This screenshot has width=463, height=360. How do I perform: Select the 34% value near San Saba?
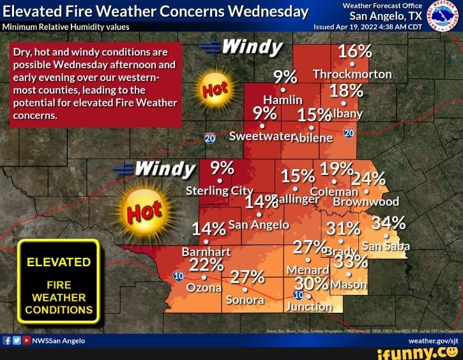388,223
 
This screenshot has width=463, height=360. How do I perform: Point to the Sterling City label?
219,191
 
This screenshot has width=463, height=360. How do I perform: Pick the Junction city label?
308,306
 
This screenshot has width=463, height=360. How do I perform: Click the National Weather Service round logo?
443,15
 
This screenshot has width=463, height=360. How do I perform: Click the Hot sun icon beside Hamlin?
215,89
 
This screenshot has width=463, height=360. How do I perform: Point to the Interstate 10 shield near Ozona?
178,275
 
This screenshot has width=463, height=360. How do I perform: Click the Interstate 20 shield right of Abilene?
349,132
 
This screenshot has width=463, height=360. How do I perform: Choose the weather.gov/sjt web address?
436,341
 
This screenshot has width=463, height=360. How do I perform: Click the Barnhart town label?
206,251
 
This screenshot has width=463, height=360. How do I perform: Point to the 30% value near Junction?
312,283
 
